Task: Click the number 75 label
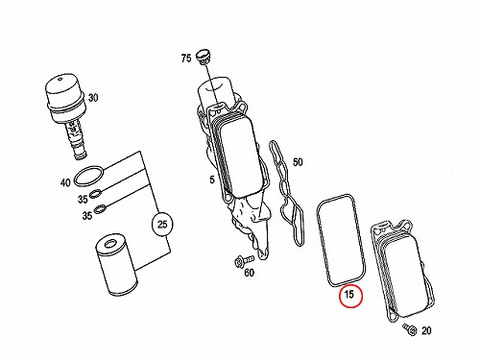186,59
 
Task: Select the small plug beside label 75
203,57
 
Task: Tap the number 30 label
93,98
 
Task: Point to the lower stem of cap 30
77,140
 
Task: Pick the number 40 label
65,183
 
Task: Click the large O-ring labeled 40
89,176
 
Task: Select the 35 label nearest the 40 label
83,199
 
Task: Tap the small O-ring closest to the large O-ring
96,193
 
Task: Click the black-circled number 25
162,225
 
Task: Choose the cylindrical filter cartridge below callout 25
117,265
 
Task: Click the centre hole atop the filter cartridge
110,244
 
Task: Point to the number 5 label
212,180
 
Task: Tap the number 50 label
298,162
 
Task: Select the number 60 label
250,273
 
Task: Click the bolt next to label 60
244,260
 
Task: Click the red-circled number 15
350,296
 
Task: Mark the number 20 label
426,330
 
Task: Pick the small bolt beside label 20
410,329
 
